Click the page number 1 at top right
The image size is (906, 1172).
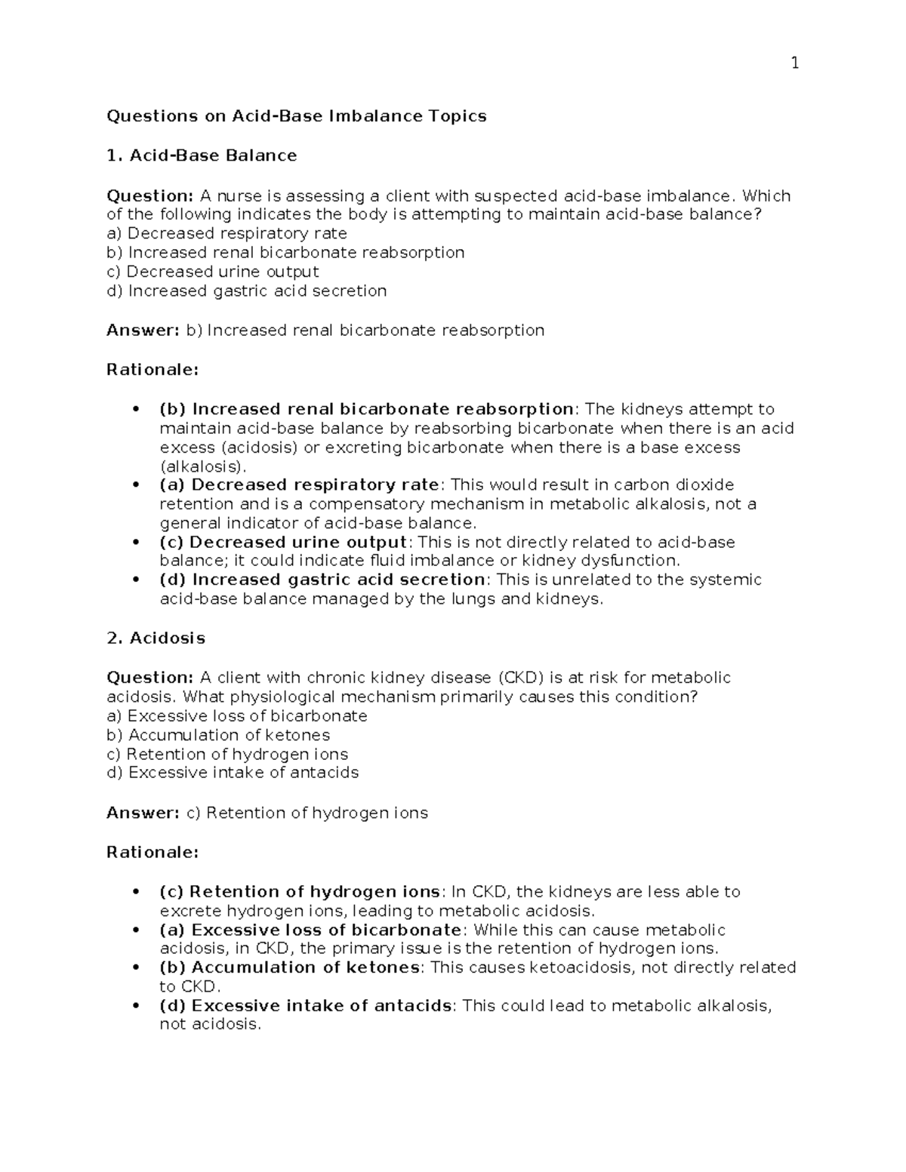pos(794,63)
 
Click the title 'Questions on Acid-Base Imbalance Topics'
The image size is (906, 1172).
pos(296,116)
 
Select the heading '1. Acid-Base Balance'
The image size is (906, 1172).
pos(202,156)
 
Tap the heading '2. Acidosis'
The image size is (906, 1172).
pos(156,638)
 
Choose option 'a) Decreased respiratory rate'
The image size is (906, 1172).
pos(226,233)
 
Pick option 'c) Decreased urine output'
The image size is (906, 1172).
pos(213,272)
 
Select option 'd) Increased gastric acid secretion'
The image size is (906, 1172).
pos(247,291)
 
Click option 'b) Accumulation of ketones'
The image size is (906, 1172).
pos(218,735)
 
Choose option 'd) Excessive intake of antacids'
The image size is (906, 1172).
pos(233,773)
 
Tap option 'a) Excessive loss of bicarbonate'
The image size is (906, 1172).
pos(237,715)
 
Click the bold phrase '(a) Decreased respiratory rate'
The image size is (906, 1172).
pos(299,485)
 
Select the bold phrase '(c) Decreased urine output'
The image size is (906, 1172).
pos(283,543)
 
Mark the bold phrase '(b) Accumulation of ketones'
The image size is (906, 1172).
pos(289,967)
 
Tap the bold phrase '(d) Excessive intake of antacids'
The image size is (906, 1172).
pos(305,1006)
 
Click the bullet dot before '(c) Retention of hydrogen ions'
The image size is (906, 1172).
pos(136,892)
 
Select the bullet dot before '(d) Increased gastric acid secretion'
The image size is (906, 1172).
pos(136,580)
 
